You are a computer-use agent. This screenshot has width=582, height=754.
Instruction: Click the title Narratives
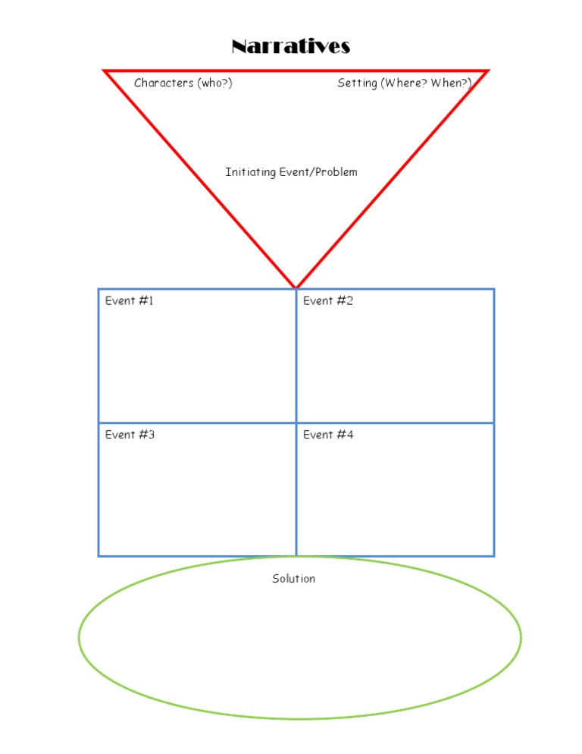coord(291,46)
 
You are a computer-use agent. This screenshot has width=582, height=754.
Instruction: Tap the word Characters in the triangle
coord(164,83)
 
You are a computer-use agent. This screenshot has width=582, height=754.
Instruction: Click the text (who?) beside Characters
coord(214,83)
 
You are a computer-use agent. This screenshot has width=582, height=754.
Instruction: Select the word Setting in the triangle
coord(357,83)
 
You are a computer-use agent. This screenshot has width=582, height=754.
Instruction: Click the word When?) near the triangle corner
coord(451,83)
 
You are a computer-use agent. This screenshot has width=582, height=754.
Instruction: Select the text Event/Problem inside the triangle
coord(318,172)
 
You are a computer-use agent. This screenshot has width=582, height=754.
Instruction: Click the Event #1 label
coord(129,300)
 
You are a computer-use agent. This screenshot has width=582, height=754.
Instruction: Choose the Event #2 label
coord(328,300)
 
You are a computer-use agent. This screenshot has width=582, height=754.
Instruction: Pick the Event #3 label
coord(130,435)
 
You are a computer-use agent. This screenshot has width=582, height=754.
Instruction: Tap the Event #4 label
coord(328,435)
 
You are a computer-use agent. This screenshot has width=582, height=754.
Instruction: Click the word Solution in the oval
coord(293,579)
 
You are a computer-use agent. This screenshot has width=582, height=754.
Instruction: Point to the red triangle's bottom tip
coord(296,287)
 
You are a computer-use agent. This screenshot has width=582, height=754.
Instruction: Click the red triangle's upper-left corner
coord(104,71)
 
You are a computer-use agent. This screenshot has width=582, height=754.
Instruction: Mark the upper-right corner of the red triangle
coord(488,71)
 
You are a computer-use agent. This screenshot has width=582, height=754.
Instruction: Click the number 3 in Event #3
coord(151,435)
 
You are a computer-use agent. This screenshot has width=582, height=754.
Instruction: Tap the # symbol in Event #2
coord(341,300)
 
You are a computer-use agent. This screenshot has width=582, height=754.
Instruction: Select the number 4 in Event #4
coord(349,435)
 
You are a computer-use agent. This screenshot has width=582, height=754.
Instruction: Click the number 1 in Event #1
coord(150,300)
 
